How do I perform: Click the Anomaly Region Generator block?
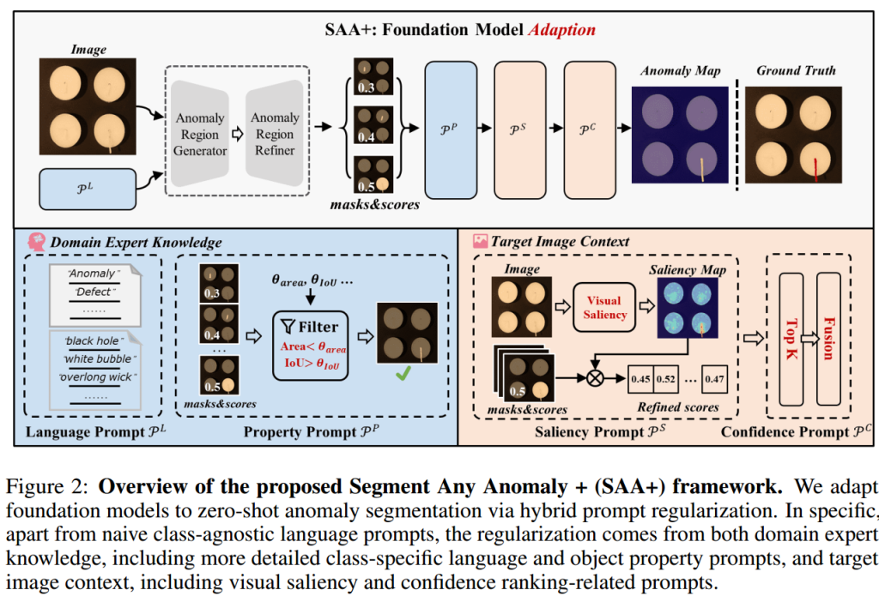click(200, 134)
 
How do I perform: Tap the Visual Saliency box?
click(603, 306)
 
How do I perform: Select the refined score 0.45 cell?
click(640, 376)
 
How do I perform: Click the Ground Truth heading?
click(795, 70)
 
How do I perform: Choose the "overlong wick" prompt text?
click(96, 376)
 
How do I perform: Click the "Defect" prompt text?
click(94, 292)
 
